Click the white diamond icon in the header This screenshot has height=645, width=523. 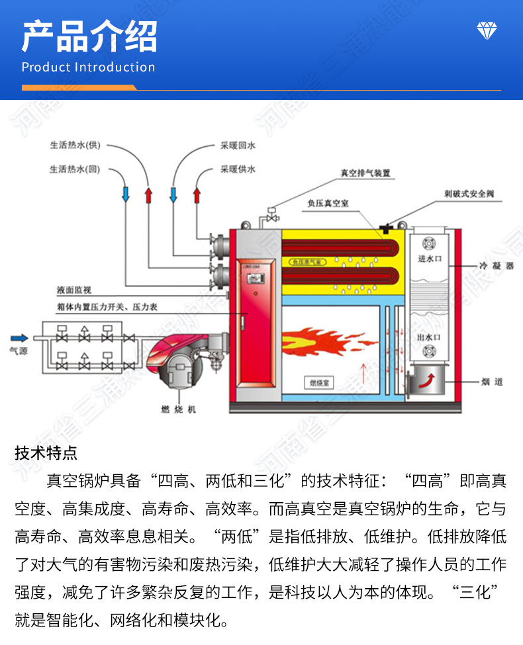(x=487, y=30)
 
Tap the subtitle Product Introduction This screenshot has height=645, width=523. (x=88, y=67)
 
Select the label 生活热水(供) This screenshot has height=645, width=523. (x=74, y=145)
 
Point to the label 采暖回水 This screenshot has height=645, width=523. (x=238, y=145)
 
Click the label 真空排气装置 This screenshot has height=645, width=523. (x=365, y=173)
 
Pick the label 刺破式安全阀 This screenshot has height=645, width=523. (x=469, y=194)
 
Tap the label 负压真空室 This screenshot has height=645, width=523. (x=328, y=204)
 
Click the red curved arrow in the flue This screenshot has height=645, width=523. (x=427, y=380)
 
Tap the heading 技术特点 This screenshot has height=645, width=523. (x=46, y=453)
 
